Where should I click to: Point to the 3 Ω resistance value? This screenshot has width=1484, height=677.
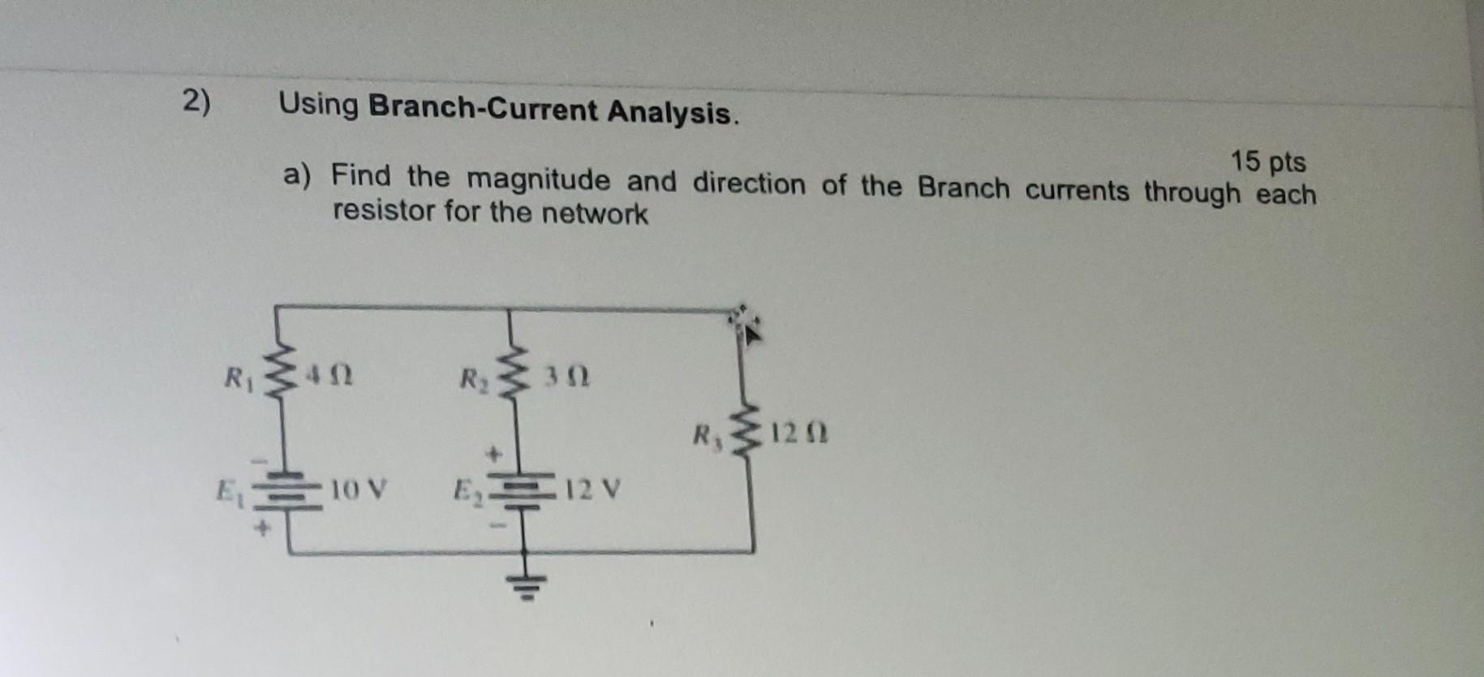[x=566, y=377]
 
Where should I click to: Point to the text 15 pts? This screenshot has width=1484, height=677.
[x=1267, y=162]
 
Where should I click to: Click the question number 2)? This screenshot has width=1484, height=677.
[x=196, y=102]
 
